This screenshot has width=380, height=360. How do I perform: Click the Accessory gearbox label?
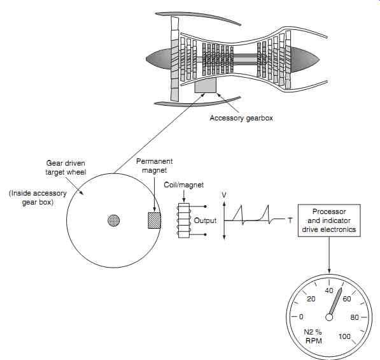tap(241, 118)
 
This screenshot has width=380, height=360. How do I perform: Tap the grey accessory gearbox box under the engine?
tap(206, 85)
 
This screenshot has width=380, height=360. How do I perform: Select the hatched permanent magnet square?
tap(155, 220)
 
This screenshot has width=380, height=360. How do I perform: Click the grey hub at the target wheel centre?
tap(113, 220)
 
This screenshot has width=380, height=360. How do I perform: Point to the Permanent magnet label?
tap(155, 166)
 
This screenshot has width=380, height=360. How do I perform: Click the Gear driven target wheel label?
tap(66, 168)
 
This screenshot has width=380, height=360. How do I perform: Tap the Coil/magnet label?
tap(184, 185)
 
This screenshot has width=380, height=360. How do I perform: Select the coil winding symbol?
tap(184, 220)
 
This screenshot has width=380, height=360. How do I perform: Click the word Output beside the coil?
tap(205, 220)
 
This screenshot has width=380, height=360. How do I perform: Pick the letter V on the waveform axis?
tap(224, 195)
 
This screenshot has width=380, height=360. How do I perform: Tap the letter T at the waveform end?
tap(290, 220)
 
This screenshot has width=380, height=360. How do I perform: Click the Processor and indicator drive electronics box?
tap(329, 220)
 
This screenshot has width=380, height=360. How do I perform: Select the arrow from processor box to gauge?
tap(329, 255)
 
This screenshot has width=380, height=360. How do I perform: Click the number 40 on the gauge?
tap(329, 291)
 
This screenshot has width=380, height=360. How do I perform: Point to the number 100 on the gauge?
tap(344, 336)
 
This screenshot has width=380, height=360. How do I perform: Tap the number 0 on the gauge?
tap(301, 317)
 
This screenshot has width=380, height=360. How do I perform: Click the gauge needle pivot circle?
tap(329, 317)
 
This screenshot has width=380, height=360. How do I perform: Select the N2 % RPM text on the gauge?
tap(313, 336)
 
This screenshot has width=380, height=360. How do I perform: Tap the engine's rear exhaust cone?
tap(305, 60)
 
